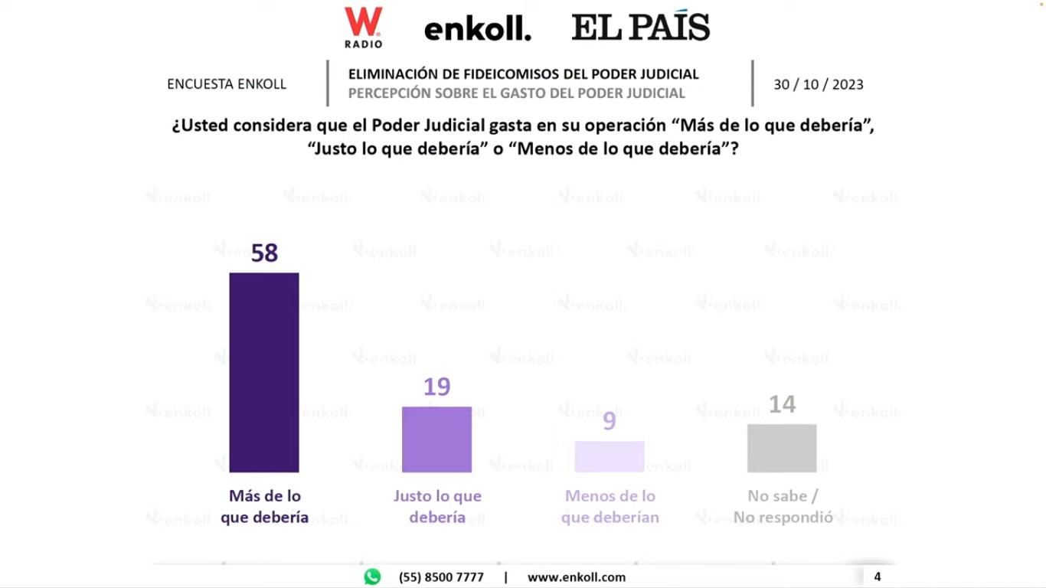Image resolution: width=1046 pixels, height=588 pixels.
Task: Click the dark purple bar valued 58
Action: coord(264,372)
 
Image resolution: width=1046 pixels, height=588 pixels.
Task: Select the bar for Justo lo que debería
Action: coord(436,439)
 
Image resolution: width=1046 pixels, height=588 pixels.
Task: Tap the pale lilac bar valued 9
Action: coord(610,456)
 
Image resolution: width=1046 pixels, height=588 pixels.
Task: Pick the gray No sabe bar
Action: coord(782,448)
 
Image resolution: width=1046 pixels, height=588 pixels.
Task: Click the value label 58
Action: coord(264,253)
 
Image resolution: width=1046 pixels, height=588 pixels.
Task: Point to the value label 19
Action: coord(436,387)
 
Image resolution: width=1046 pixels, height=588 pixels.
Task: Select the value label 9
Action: coord(610,421)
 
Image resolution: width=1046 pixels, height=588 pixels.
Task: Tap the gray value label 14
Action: coord(782,404)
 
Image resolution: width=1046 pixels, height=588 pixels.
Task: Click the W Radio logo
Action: coord(363,28)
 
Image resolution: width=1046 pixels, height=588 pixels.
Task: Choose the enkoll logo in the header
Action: coord(477,30)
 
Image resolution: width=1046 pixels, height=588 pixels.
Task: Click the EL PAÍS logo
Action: coord(641,28)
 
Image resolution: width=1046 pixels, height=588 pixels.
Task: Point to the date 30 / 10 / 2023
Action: coord(818,85)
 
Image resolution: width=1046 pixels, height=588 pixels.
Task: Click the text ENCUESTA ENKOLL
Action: coord(227,84)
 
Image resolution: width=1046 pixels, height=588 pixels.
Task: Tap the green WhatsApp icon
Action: coord(372,577)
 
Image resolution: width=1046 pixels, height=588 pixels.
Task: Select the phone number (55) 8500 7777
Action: coord(441,577)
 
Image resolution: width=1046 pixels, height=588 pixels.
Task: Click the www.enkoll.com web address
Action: coord(576,577)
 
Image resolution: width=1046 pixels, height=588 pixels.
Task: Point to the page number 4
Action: coord(878,577)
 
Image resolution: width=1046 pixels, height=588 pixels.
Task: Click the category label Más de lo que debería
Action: coord(265,507)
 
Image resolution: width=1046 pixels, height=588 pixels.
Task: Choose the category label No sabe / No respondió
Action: coord(783,507)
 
